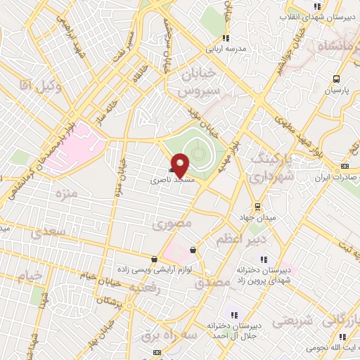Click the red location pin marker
point(180,165)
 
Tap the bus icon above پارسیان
point(336,79)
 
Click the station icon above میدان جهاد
point(258,207)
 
